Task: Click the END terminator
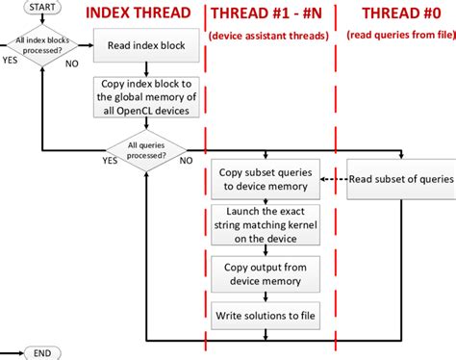pyautogui.click(x=42, y=353)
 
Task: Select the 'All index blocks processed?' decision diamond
pyautogui.click(x=42, y=46)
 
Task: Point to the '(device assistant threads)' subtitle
pyautogui.click(x=268, y=36)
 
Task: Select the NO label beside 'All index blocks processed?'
pyautogui.click(x=70, y=67)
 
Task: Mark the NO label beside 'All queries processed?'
pyautogui.click(x=186, y=161)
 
